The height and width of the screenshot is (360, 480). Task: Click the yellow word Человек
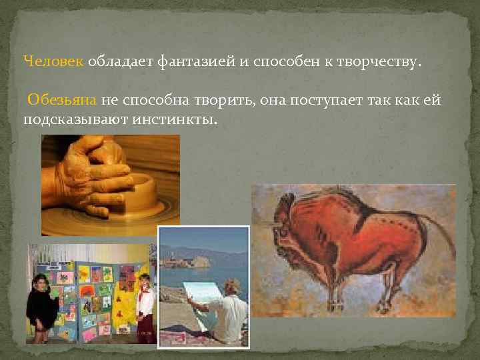(53, 62)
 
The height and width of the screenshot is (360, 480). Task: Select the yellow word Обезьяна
(63, 100)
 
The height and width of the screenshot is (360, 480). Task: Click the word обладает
(120, 62)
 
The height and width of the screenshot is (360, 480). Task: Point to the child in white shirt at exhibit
(145, 303)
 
